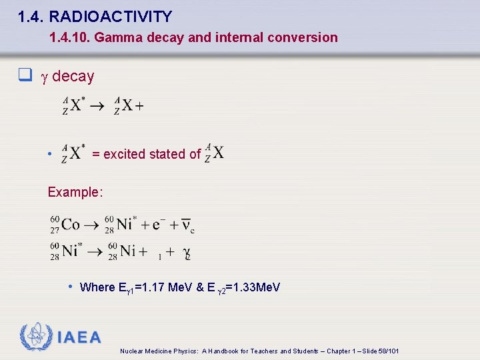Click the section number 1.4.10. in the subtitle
[70, 38]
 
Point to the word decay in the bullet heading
[73, 77]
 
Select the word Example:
[75, 192]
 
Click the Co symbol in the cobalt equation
[71, 225]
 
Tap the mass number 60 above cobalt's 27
[55, 219]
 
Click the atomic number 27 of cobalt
[55, 231]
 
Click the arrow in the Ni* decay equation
[94, 251]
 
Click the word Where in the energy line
[97, 287]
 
